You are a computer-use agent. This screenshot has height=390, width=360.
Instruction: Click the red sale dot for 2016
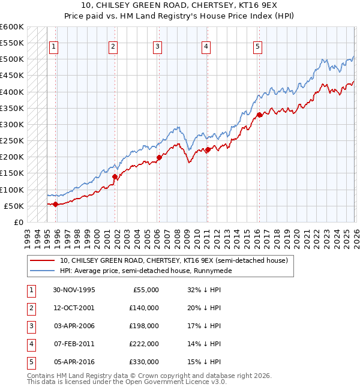[259, 115]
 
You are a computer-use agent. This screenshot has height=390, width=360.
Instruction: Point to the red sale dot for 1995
[55, 204]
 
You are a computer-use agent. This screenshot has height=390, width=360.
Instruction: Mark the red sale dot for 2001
[114, 176]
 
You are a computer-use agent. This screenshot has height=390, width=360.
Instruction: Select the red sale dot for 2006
[159, 158]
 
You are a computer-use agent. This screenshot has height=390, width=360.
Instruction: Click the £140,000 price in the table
[145, 307]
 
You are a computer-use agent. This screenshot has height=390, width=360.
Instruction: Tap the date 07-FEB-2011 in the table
[74, 344]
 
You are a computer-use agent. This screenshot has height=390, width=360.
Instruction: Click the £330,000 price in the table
[145, 362]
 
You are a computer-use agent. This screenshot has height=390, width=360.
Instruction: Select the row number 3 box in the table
[30, 326]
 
